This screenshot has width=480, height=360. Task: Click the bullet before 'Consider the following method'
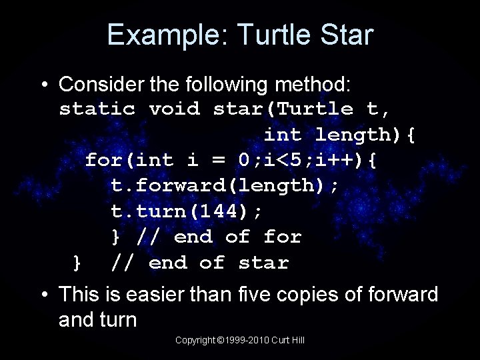point(43,85)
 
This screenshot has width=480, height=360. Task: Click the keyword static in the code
point(97,109)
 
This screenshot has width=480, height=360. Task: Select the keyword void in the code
point(174,109)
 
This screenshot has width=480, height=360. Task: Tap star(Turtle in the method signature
point(283,109)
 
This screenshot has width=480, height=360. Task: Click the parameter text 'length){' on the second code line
point(365,134)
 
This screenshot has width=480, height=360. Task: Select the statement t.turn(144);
point(187,211)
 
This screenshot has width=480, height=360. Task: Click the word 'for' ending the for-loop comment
point(283,237)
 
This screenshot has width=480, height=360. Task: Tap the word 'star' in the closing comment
point(263,263)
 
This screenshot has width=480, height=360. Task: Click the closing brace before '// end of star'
point(77,263)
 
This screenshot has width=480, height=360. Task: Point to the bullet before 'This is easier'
point(43,294)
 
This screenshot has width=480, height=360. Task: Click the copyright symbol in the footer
point(220,340)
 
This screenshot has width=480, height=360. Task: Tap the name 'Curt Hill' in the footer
point(291,340)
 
